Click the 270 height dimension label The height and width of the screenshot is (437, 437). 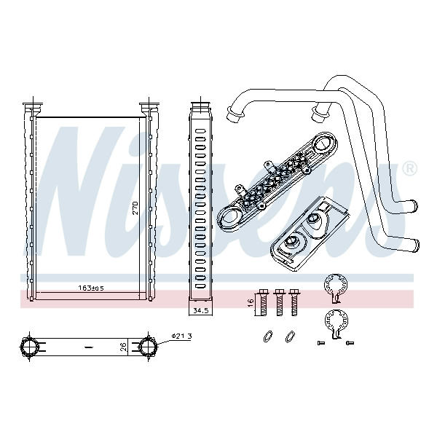pos(135,208)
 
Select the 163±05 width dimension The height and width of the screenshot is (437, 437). pos(91,288)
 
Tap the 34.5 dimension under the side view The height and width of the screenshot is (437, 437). pos(201,310)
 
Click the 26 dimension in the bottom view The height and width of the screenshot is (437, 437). pos(124,347)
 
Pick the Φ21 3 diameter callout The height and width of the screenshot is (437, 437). pos(181,336)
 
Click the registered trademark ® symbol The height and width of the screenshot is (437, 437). pos(409,168)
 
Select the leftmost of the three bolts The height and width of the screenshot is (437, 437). pos(263,303)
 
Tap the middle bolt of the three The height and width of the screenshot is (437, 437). pos(279,303)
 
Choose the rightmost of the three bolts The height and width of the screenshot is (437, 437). pos(294,303)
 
